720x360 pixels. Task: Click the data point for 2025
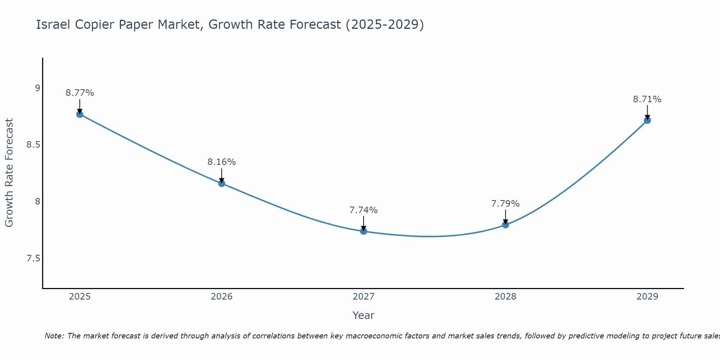[80, 114]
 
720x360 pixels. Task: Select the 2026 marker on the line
[222, 184]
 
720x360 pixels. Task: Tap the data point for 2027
[364, 231]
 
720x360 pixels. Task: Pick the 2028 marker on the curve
[505, 225]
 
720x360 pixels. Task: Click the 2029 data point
[647, 120]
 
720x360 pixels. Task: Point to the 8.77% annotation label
[80, 93]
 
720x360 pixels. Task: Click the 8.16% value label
[222, 162]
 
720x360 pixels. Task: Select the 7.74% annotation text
[364, 210]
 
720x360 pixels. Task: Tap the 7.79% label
[505, 204]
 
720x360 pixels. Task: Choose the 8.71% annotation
[647, 99]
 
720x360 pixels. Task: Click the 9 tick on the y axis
[37, 88]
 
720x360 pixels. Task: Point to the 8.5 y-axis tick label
[33, 145]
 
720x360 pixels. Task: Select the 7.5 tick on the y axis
[33, 259]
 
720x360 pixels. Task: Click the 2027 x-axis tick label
[364, 297]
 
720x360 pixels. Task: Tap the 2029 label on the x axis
[647, 297]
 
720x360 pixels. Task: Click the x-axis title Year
[364, 315]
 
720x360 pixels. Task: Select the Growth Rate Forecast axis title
[9, 173]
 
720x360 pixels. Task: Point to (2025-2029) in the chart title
[384, 24]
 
